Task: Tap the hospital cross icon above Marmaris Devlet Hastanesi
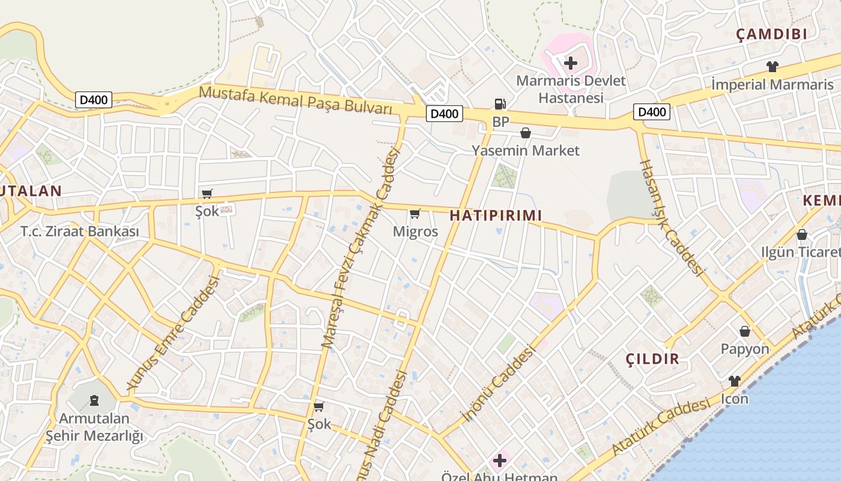pyautogui.click(x=571, y=63)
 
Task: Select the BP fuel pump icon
pyautogui.click(x=500, y=104)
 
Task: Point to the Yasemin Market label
pyautogui.click(x=526, y=150)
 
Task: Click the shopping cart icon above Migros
pyautogui.click(x=414, y=213)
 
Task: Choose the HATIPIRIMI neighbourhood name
pyautogui.click(x=496, y=215)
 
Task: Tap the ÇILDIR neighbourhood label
pyautogui.click(x=652, y=359)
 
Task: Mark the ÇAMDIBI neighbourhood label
pyautogui.click(x=772, y=34)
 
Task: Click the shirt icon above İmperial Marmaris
pyautogui.click(x=772, y=67)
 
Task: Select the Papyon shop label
pyautogui.click(x=745, y=349)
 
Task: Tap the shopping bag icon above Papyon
pyautogui.click(x=745, y=331)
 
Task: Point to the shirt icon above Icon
pyautogui.click(x=734, y=381)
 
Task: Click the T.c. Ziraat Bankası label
pyautogui.click(x=80, y=231)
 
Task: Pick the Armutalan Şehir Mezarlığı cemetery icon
pyautogui.click(x=94, y=400)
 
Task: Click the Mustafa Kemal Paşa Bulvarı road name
pyautogui.click(x=296, y=100)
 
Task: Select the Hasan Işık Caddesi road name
pyautogui.click(x=671, y=218)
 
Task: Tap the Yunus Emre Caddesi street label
pyautogui.click(x=174, y=333)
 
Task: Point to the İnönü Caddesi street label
pyautogui.click(x=498, y=382)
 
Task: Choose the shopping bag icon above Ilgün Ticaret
pyautogui.click(x=802, y=234)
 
